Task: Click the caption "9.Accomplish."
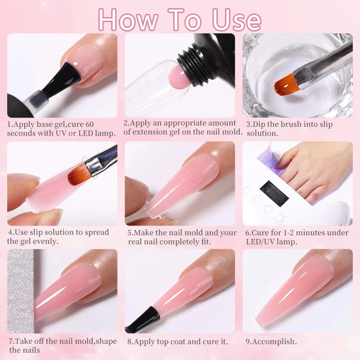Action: click(x=271, y=341)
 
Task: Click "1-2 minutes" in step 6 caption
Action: click(x=302, y=233)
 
